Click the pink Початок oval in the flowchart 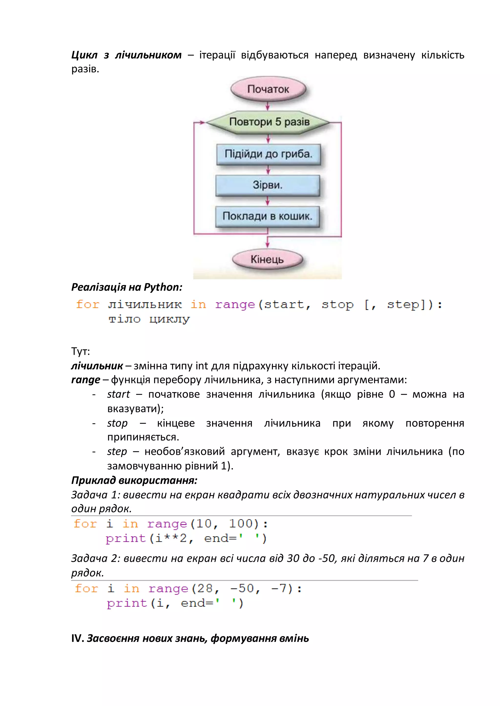pyautogui.click(x=268, y=89)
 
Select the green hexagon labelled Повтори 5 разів pyautogui.click(x=269, y=122)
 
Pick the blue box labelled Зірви pyautogui.click(x=268, y=185)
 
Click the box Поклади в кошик pyautogui.click(x=267, y=216)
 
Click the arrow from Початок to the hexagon pyautogui.click(x=268, y=106)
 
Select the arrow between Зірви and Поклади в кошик pyautogui.click(x=268, y=201)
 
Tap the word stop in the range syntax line pyautogui.click(x=337, y=305)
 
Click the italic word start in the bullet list pyautogui.click(x=119, y=394)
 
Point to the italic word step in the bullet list pyautogui.click(x=117, y=451)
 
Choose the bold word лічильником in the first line pyautogui.click(x=148, y=55)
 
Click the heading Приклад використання pyautogui.click(x=134, y=480)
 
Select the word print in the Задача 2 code pyautogui.click(x=127, y=603)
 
